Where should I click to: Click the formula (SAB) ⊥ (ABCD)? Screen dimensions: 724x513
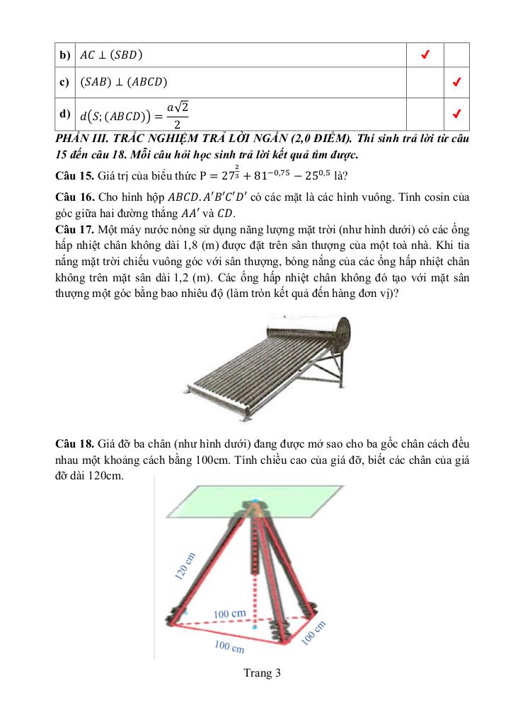[x=123, y=82]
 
